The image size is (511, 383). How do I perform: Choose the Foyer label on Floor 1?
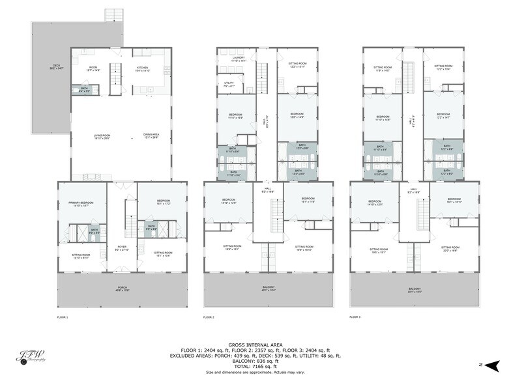(121, 248)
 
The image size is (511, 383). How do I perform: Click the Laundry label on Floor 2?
(239, 59)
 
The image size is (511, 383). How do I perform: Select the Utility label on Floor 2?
(229, 83)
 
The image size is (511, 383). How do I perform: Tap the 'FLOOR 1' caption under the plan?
(63, 317)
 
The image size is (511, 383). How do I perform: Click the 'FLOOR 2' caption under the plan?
(209, 317)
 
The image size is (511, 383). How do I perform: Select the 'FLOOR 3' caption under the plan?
(355, 317)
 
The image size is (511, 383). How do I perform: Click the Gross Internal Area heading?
(255, 345)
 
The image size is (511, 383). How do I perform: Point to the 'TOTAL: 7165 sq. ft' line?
(255, 367)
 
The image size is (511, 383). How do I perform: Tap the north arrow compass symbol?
(494, 363)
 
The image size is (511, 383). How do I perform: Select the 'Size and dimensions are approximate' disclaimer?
(255, 372)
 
